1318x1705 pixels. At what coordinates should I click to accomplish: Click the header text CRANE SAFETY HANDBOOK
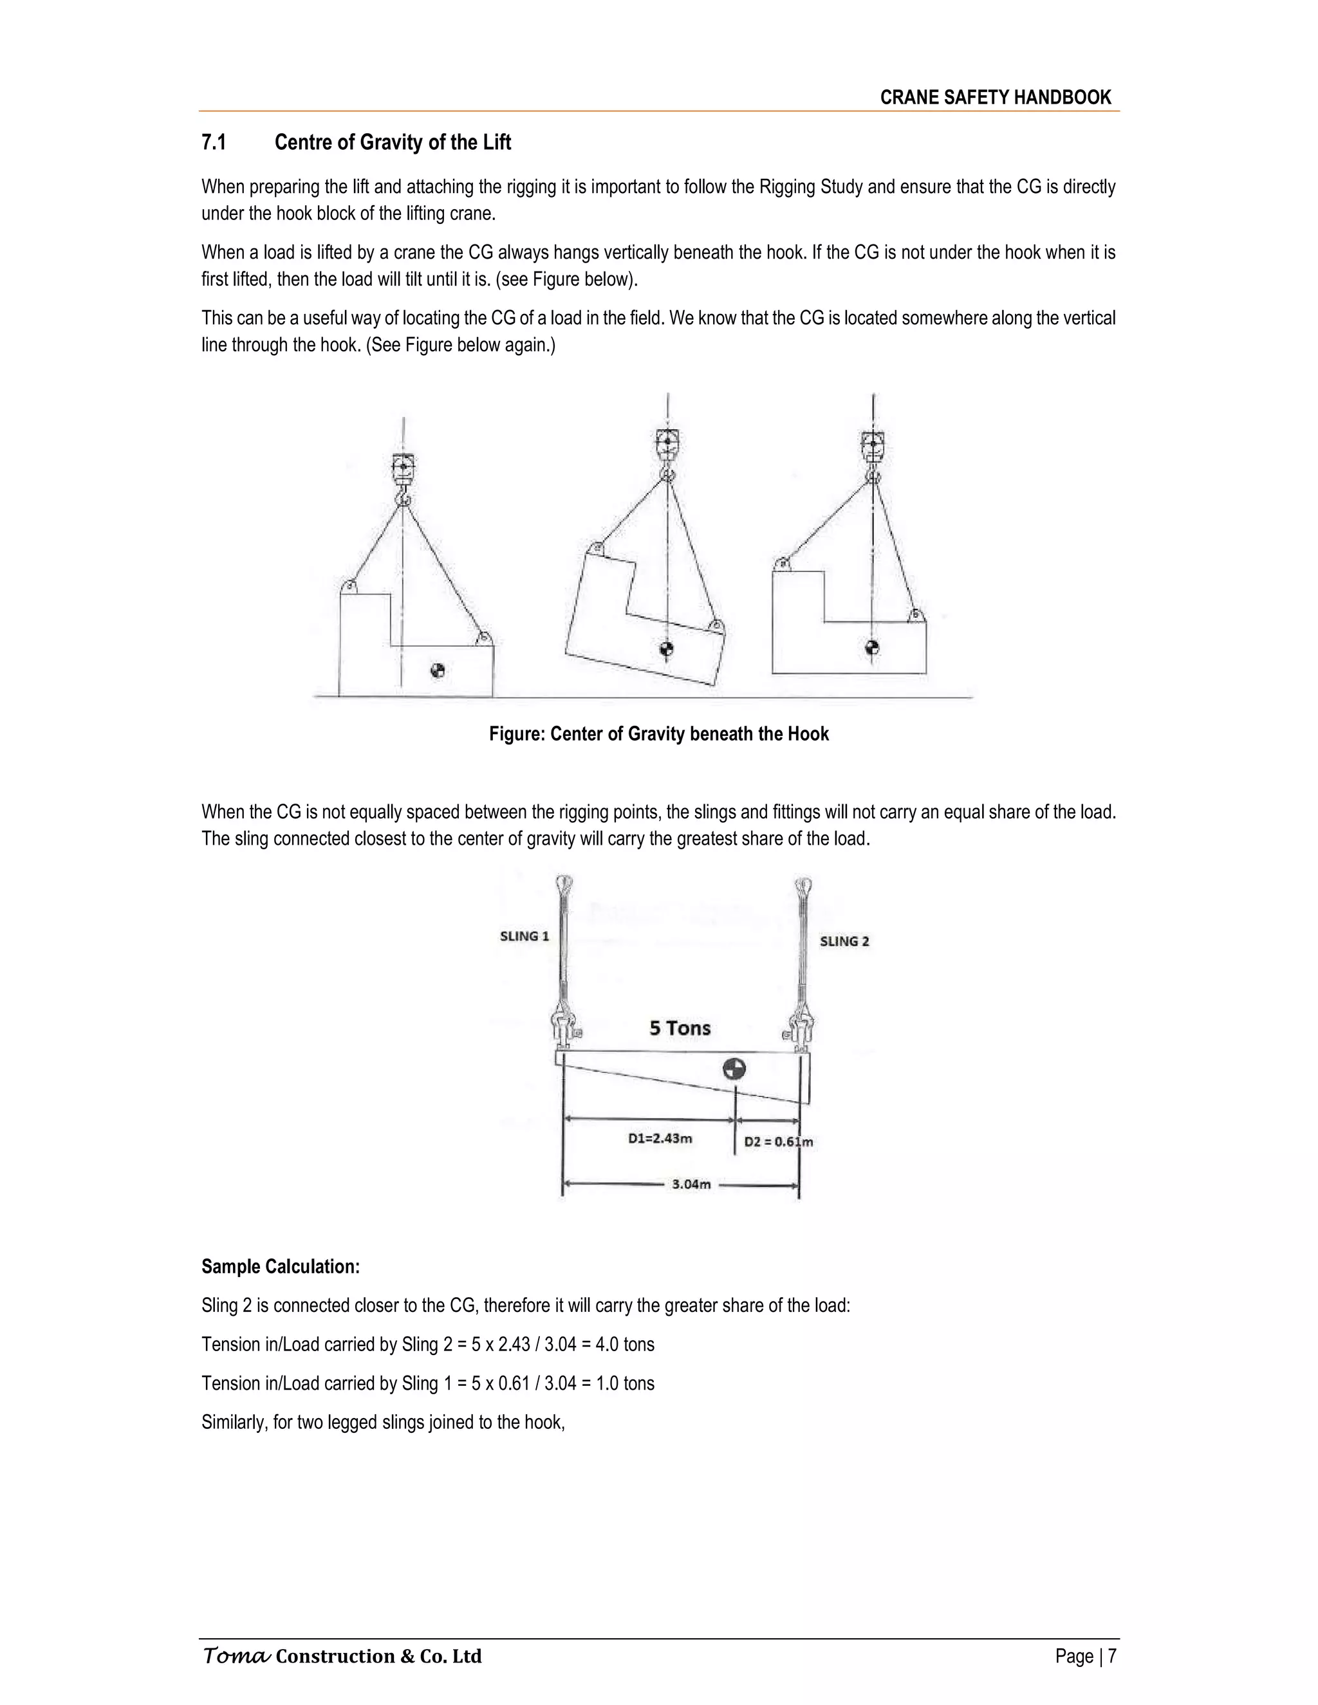coord(995,98)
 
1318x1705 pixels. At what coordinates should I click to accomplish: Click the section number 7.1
coord(214,142)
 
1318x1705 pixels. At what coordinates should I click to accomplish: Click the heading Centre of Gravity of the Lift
coord(393,142)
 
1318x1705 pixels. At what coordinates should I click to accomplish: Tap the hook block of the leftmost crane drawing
coord(403,468)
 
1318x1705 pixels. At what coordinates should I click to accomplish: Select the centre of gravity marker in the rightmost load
coord(872,647)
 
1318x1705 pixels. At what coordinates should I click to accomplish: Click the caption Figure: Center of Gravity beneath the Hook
coord(658,734)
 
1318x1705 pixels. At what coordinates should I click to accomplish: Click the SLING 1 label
coord(524,936)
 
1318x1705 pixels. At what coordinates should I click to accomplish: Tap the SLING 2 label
coord(844,941)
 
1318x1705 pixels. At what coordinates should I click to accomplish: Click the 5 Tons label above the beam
coord(680,1028)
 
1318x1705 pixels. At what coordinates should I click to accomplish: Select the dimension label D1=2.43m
coord(660,1138)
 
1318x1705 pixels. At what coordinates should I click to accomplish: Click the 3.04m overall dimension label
coord(691,1184)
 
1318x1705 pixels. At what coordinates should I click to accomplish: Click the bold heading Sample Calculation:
coord(281,1266)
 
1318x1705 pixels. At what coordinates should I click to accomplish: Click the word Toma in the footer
coord(237,1656)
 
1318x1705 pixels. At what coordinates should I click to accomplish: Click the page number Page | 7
coord(1085,1656)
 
